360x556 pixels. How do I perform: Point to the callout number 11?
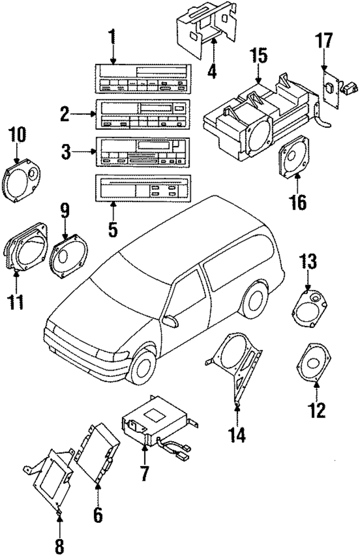coord(16,301)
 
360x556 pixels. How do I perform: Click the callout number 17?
coord(324,42)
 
